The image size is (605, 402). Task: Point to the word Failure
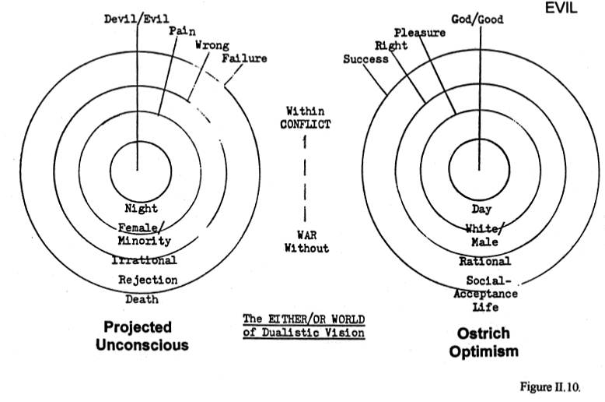coord(243,58)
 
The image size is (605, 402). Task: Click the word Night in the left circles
coord(141,208)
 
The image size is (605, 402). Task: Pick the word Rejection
coord(148,279)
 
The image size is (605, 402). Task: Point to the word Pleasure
coord(419,33)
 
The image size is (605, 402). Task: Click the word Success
coord(365,58)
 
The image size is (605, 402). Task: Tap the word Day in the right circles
coord(481,209)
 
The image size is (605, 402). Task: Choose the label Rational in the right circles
coord(484,261)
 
